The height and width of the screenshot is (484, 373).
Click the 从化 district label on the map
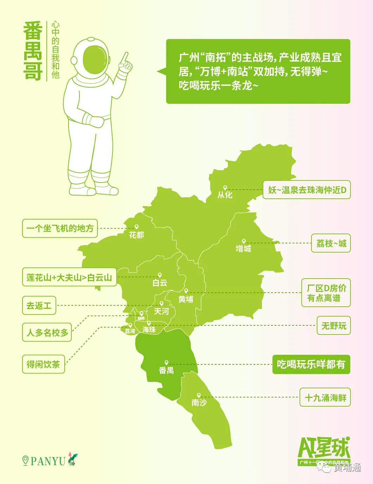click(225, 195)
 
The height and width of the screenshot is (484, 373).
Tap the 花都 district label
click(136, 235)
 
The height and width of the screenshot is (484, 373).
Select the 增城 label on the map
click(243, 248)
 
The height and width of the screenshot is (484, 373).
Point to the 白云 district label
click(160, 282)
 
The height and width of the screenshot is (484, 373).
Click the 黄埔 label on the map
click(186, 299)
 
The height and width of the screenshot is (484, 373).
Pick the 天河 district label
click(161, 311)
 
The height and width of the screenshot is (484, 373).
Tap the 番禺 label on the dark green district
click(166, 370)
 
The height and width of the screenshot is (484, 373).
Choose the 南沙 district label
click(199, 402)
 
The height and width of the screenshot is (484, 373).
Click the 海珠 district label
click(149, 329)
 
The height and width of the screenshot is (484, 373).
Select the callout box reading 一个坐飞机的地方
click(60, 228)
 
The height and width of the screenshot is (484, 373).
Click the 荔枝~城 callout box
click(331, 243)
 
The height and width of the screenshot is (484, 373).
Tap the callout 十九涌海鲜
click(325, 398)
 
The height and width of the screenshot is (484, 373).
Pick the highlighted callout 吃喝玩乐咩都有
click(311, 364)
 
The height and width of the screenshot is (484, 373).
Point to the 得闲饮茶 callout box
click(43, 364)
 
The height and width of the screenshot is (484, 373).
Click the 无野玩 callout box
click(333, 326)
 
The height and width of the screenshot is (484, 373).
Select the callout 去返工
click(39, 305)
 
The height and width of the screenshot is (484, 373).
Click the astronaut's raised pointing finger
click(126, 57)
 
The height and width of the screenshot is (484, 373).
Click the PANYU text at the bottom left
click(48, 461)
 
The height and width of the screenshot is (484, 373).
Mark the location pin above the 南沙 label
click(199, 395)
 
